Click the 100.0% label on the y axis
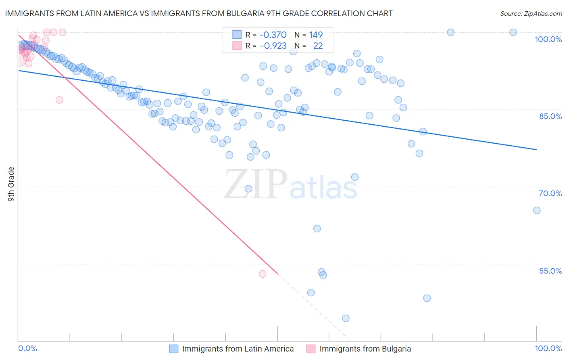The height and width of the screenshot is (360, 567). click(x=548, y=39)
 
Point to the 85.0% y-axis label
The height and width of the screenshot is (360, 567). click(x=550, y=116)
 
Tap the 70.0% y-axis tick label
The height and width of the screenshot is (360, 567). click(x=550, y=193)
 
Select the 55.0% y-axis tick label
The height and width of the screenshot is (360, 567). click(x=550, y=271)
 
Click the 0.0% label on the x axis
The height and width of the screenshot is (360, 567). click(x=27, y=349)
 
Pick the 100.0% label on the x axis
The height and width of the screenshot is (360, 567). click(x=548, y=349)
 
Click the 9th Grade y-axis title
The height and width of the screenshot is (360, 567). click(x=11, y=184)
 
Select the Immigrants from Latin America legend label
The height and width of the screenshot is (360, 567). click(x=238, y=349)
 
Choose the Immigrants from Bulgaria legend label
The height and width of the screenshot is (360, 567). click(x=365, y=349)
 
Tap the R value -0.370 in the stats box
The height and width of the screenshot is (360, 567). click(x=273, y=35)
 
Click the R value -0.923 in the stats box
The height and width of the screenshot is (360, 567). click(x=273, y=46)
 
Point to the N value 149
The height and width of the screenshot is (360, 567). click(x=316, y=35)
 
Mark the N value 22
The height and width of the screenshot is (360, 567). click(x=318, y=46)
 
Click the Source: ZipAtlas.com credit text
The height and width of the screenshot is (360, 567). click(x=531, y=14)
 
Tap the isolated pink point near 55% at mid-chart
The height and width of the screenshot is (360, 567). click(x=263, y=274)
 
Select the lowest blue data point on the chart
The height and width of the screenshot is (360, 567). click(x=346, y=318)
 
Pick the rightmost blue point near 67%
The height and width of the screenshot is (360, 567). click(x=537, y=210)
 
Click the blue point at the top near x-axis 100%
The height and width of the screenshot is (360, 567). click(x=513, y=32)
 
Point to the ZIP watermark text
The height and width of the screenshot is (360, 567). click(x=256, y=184)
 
